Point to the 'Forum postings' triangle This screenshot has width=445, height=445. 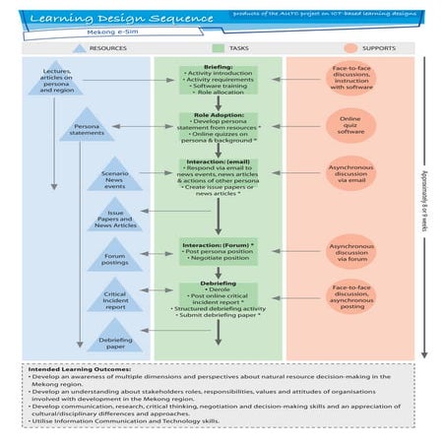point(115,260)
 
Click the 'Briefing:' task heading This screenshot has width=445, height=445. point(217,69)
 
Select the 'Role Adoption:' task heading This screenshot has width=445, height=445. point(217,115)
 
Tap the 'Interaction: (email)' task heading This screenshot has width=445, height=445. point(217,161)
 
